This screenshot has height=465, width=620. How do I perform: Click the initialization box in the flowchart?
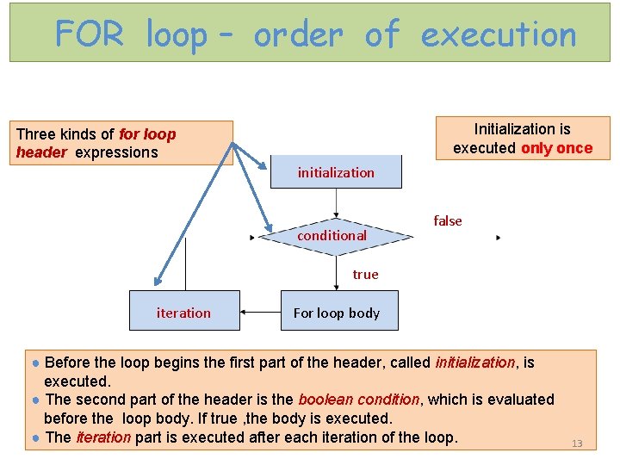[x=336, y=171]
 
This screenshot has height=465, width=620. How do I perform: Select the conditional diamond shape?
[x=332, y=235]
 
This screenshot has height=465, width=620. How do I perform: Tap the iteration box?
[x=183, y=312]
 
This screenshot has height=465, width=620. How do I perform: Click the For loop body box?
[x=339, y=312]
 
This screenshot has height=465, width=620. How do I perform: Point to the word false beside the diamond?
[x=448, y=221]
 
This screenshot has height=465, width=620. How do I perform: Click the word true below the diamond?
[x=365, y=275]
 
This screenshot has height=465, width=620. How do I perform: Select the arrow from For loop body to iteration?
[x=260, y=312]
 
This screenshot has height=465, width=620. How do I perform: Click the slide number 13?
[x=577, y=443]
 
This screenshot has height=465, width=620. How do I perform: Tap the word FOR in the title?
[x=89, y=35]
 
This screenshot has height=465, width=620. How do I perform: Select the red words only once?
[x=556, y=148]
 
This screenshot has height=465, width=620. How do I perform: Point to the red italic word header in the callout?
[x=40, y=153]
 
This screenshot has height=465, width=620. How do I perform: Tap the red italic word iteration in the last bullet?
[x=103, y=437]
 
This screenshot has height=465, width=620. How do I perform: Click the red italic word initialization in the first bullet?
[x=474, y=363]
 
